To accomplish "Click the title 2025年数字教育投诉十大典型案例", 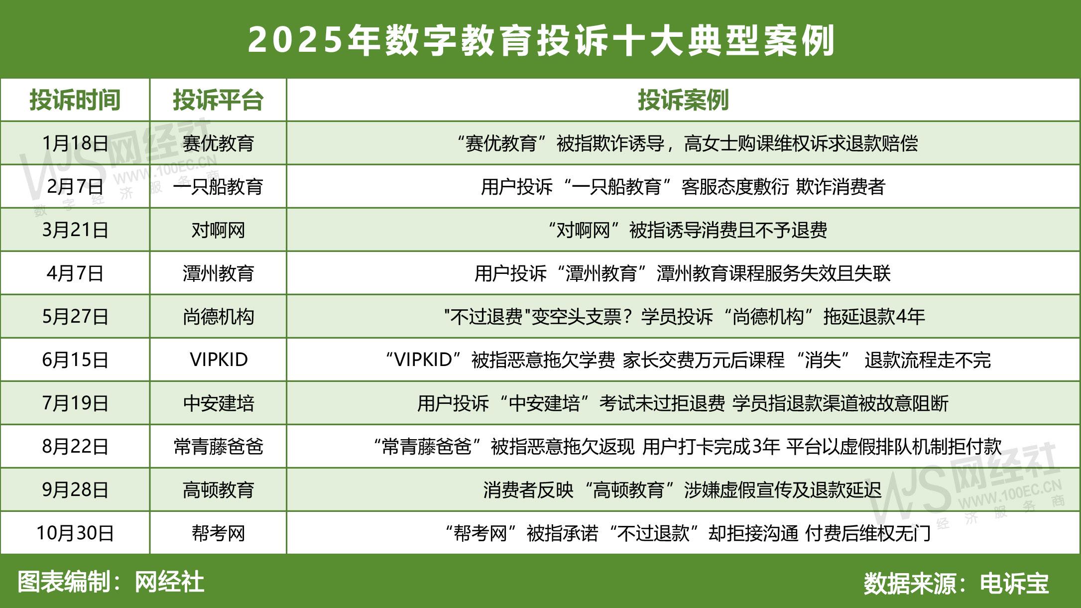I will click(541, 40).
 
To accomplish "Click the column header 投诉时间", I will click(75, 100).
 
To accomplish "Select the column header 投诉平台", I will click(218, 100).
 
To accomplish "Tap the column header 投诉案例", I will click(683, 100).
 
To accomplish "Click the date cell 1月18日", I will click(75, 143).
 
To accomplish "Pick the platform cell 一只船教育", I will click(218, 187).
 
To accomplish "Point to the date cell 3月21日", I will click(75, 230).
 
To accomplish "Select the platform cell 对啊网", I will click(218, 230).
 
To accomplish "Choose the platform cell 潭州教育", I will click(218, 273).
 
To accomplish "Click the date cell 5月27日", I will click(75, 317).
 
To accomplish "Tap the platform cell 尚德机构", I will click(218, 317).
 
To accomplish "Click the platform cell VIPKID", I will click(218, 360).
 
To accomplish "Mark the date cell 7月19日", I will click(75, 403).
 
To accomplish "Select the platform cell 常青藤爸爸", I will click(218, 447).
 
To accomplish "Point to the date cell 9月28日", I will click(75, 490).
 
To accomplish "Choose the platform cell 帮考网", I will click(218, 533).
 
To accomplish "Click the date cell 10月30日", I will click(75, 533).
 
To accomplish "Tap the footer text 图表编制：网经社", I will click(111, 582).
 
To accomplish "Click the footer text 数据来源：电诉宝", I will click(956, 583).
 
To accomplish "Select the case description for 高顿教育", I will click(682, 490).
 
